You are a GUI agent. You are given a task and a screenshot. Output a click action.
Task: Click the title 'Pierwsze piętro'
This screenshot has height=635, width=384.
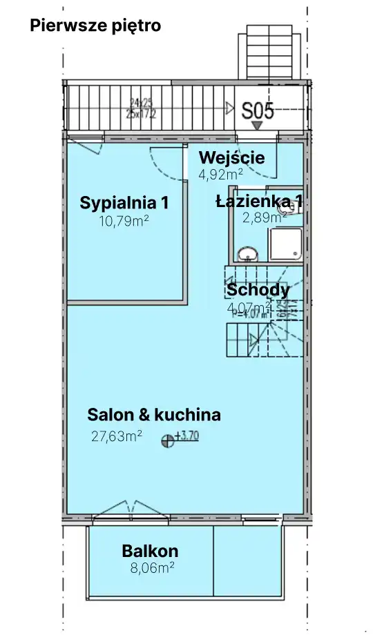click(x=95, y=26)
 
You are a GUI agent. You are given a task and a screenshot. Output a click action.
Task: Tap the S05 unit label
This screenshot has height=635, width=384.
click(x=258, y=111)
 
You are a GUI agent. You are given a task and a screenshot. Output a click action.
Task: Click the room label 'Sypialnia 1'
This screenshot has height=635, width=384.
click(x=124, y=203)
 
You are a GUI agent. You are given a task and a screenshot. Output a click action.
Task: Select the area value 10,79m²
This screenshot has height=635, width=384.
click(x=124, y=222)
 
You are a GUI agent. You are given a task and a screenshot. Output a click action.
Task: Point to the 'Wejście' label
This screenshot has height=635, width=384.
click(x=231, y=157)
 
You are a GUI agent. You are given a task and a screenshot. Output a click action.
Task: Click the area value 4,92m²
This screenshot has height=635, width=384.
click(x=220, y=174)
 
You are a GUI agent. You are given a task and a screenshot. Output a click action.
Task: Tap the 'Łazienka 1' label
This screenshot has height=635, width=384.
click(x=260, y=202)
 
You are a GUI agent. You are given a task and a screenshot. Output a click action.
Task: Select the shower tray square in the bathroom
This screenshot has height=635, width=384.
click(x=285, y=246)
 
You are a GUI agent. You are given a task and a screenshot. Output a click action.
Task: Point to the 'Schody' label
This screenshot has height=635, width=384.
click(x=258, y=290)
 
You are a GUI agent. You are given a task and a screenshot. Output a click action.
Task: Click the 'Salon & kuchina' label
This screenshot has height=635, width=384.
click(x=154, y=415)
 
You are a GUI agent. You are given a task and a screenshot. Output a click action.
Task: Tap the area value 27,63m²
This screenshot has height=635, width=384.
click(x=117, y=436)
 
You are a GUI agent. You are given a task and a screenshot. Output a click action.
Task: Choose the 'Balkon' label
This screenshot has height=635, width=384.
click(x=150, y=551)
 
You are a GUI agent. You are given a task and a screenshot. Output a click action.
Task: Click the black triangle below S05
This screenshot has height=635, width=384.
click(x=257, y=126)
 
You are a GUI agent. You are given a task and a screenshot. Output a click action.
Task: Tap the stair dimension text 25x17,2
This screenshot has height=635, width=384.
click(x=141, y=114)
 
